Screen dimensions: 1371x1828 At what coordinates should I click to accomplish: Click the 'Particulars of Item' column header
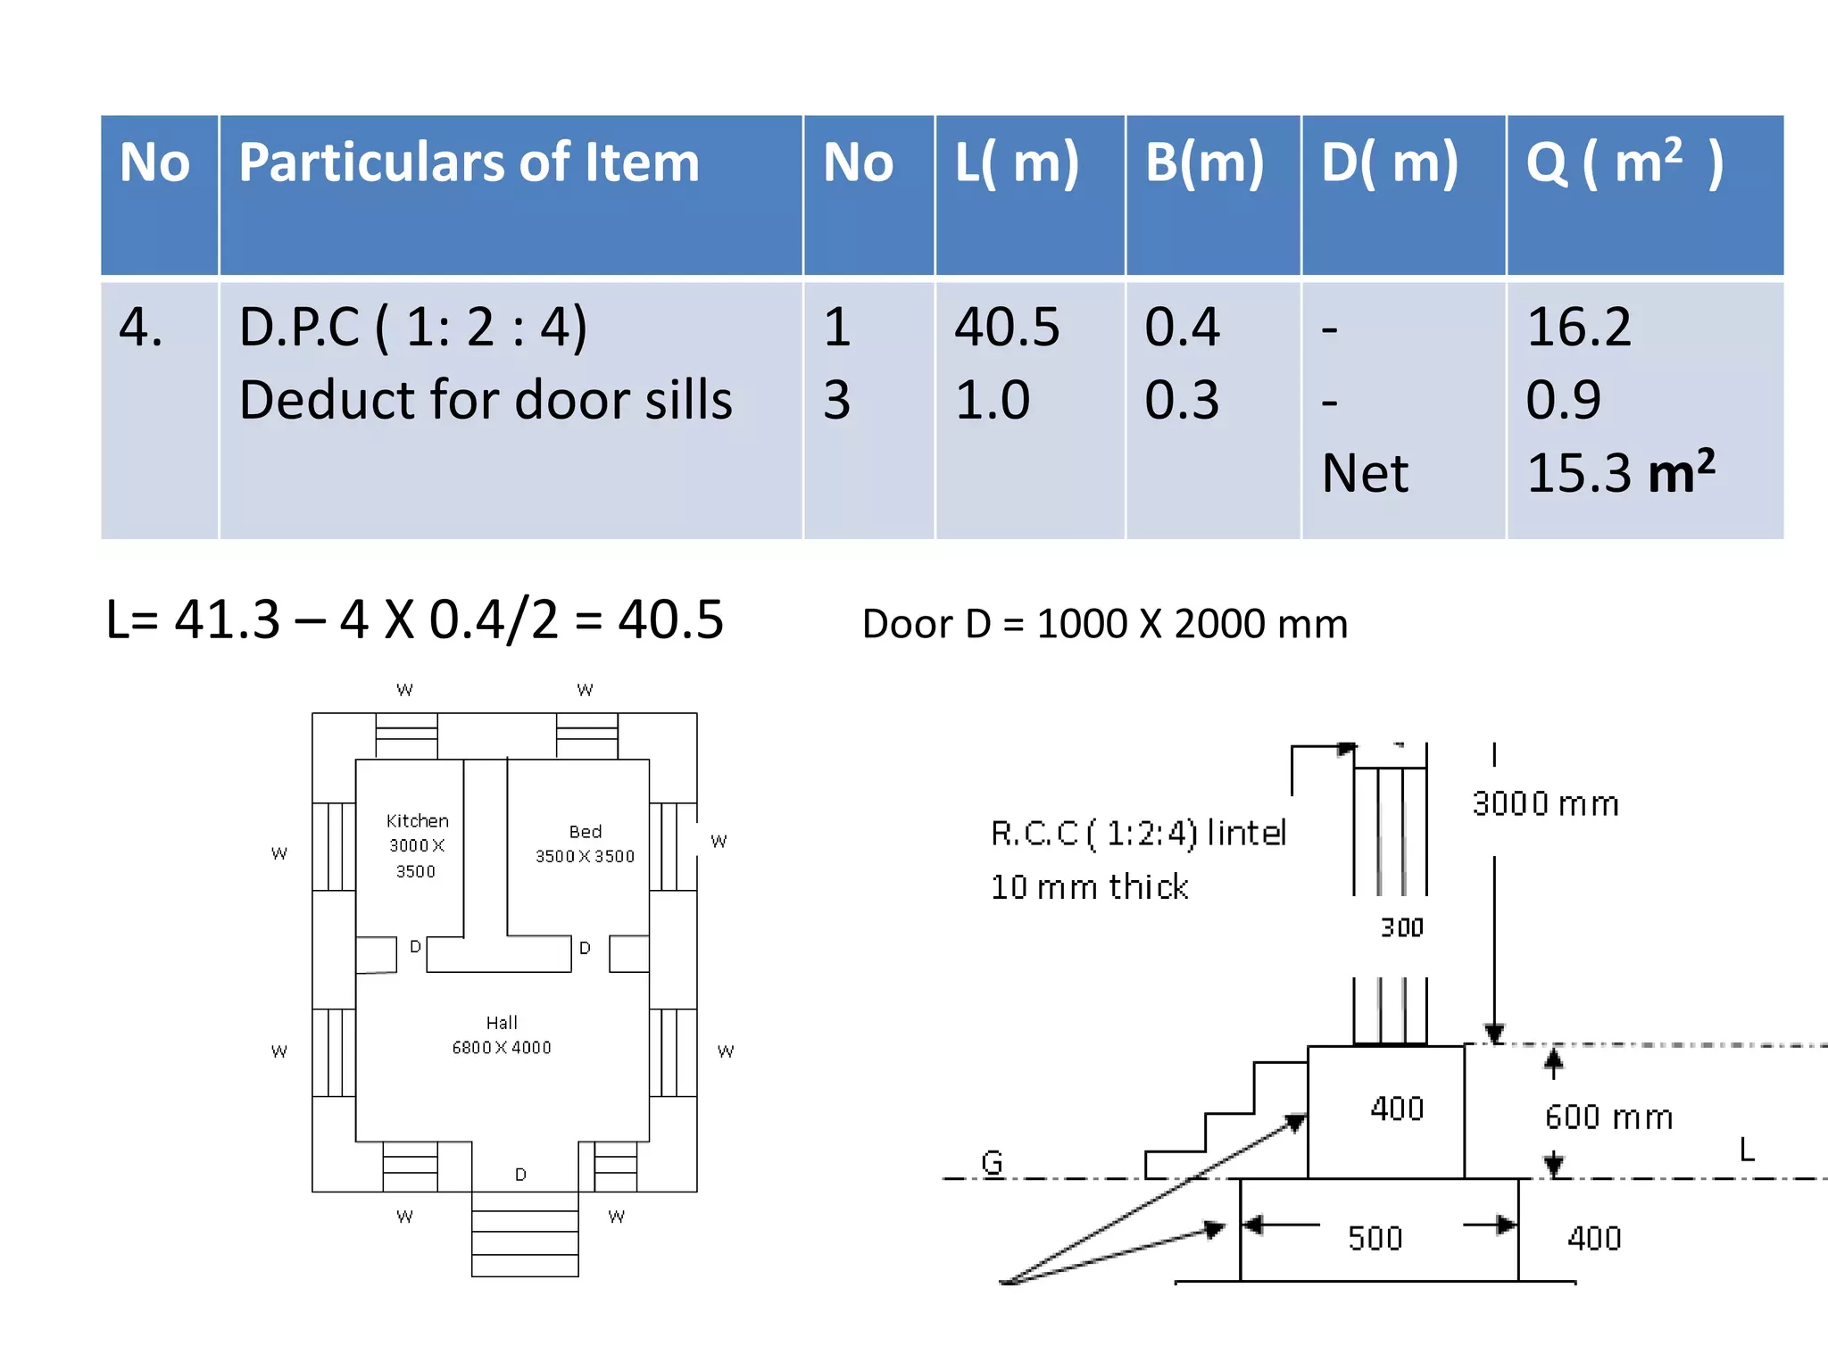469,163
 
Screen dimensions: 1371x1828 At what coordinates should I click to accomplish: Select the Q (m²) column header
1624,163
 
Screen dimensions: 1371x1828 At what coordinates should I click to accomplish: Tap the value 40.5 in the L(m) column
1006,327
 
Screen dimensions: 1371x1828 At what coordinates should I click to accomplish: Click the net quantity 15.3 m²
1620,472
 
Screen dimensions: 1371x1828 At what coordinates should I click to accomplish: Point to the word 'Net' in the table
1364,473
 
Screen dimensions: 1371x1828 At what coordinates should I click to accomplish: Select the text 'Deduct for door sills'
485,399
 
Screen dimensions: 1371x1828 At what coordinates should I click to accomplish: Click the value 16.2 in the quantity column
1578,327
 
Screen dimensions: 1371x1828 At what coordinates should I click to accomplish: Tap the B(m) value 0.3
1181,399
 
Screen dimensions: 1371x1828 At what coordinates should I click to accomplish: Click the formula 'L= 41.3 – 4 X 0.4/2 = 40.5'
414,619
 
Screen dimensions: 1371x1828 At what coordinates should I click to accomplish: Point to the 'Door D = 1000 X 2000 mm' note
1104,624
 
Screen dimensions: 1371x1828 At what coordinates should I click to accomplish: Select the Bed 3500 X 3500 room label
585,843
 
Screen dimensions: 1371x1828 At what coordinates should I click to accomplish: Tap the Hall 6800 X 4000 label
502,1034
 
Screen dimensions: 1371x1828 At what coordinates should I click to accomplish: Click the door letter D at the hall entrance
520,1175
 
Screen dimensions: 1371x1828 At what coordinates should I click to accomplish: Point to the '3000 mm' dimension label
1545,804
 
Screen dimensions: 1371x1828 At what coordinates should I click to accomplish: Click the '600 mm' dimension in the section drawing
1608,1118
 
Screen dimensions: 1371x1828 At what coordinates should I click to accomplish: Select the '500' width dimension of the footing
1375,1238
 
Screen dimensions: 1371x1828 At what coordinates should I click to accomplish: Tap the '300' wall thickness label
1401,928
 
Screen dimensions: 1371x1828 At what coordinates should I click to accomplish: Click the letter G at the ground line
992,1162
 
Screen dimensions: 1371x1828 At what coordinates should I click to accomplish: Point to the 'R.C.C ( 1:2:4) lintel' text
1138,833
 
